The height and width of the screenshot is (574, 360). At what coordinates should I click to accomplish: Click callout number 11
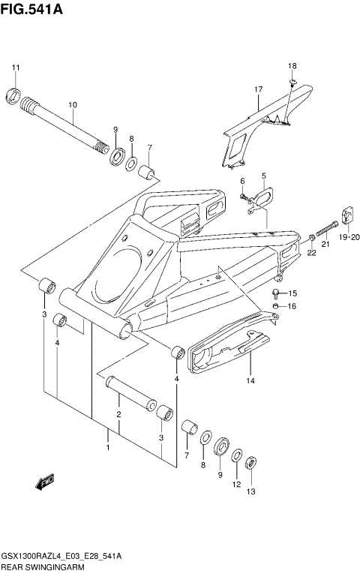(x=14, y=69)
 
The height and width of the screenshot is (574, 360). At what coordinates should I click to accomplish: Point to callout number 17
(x=258, y=90)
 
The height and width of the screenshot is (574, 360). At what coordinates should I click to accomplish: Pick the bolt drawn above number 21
(x=328, y=228)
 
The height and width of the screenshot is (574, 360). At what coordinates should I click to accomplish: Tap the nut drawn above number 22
(x=310, y=238)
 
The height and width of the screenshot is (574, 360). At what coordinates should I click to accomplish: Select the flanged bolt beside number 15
(x=278, y=292)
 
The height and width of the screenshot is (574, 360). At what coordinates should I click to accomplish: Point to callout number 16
(x=292, y=306)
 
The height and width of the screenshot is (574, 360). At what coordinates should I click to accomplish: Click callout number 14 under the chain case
(x=250, y=380)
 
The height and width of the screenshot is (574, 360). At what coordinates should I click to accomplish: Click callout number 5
(x=263, y=176)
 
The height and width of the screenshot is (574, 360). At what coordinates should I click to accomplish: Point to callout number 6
(x=242, y=181)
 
